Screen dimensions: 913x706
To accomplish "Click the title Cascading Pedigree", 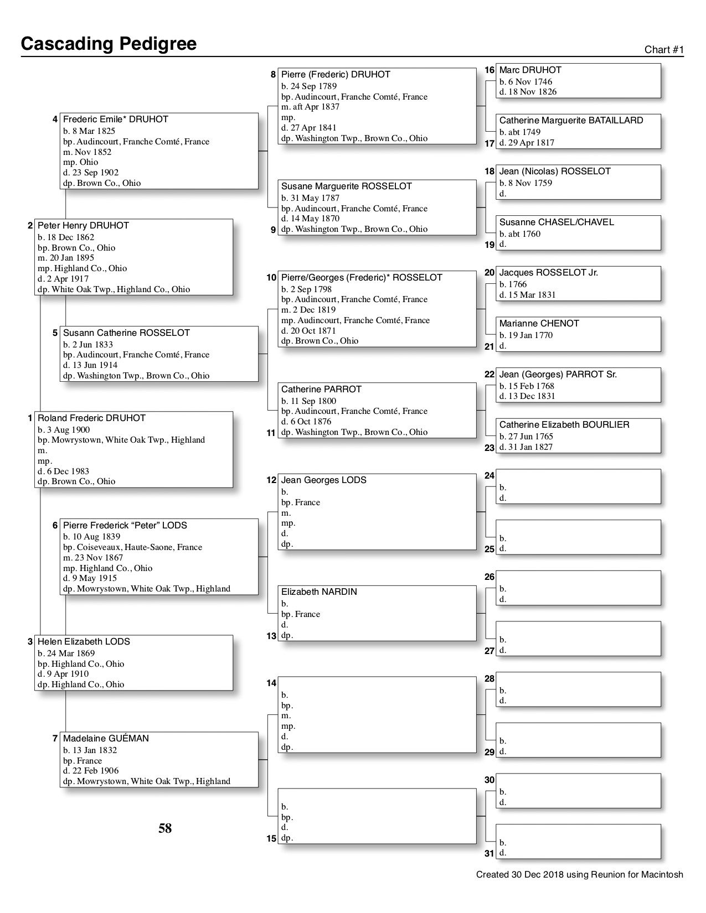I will [109, 44].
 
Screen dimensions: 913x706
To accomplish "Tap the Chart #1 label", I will [664, 50].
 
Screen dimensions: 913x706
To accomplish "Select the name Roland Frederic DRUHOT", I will [91, 418].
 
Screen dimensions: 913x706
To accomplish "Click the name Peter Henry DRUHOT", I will [83, 225].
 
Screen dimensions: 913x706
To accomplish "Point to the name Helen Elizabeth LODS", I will [84, 641].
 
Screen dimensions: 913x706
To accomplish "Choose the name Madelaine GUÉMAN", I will [106, 738].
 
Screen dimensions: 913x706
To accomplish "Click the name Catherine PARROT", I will [321, 389].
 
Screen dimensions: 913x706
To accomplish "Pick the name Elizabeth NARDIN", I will [319, 592].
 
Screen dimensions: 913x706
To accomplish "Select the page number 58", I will [165, 828].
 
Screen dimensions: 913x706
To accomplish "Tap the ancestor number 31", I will [489, 853].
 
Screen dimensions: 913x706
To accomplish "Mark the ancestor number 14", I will [271, 683].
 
